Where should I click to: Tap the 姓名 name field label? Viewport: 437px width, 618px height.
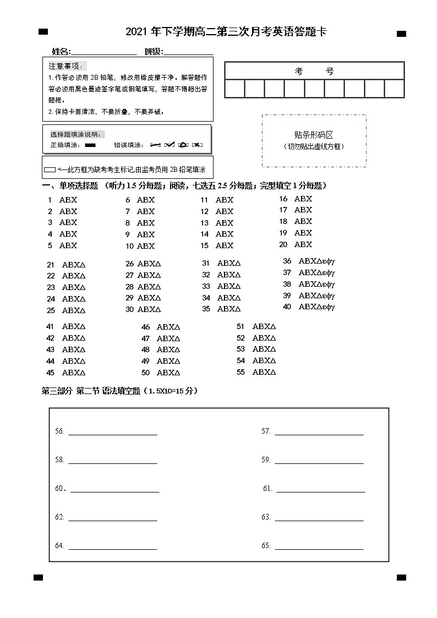(x=61, y=52)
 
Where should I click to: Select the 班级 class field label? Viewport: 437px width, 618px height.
(x=154, y=52)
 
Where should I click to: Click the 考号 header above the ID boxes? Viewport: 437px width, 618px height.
(x=314, y=71)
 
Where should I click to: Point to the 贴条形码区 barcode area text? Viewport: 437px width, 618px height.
(x=314, y=135)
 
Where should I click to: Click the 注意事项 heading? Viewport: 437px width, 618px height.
(x=64, y=66)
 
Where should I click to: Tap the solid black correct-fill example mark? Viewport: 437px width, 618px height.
(x=90, y=145)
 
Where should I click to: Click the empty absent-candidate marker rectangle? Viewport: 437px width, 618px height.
(x=50, y=169)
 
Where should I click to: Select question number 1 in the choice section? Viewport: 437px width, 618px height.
(x=50, y=200)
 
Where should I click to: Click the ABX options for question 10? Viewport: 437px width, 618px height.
(x=146, y=246)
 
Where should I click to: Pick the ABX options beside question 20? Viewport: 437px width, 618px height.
(x=303, y=244)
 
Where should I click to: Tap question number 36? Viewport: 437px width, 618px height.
(x=287, y=261)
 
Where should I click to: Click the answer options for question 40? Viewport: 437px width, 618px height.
(x=316, y=307)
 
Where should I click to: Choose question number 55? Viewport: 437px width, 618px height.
(x=241, y=372)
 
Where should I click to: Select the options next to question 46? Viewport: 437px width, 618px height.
(x=168, y=327)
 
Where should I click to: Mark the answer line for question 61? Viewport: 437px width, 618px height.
(x=320, y=491)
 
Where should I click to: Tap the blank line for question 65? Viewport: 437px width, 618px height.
(x=319, y=548)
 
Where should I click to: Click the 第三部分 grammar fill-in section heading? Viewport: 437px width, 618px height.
(x=119, y=391)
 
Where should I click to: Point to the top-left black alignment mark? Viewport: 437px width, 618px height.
(x=43, y=32)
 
